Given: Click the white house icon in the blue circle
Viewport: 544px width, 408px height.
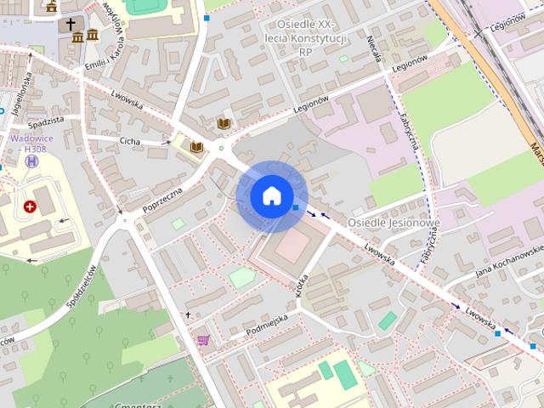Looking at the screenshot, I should point(271,195).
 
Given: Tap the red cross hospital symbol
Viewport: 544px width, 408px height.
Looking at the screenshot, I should point(31,207).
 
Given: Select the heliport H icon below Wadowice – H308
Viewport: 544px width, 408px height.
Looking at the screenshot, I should point(32,161).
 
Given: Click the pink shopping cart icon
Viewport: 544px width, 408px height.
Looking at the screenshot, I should point(203,340).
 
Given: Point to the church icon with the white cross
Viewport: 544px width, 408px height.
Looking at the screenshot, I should point(71,25).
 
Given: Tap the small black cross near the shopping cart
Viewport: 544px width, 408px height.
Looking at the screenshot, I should point(189,315).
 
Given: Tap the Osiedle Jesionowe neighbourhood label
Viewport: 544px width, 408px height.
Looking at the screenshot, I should point(394,223).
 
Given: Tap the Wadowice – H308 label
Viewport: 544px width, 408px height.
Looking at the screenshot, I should point(30,144).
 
